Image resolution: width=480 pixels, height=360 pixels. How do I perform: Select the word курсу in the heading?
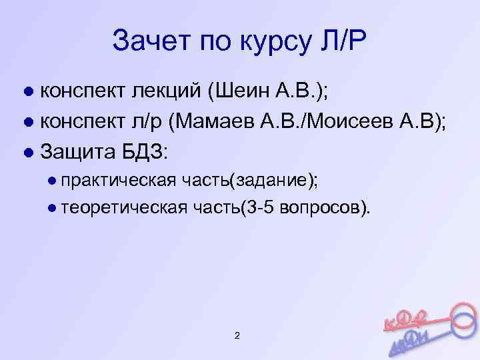(270, 43)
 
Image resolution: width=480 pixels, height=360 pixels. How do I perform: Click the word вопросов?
(322, 208)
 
